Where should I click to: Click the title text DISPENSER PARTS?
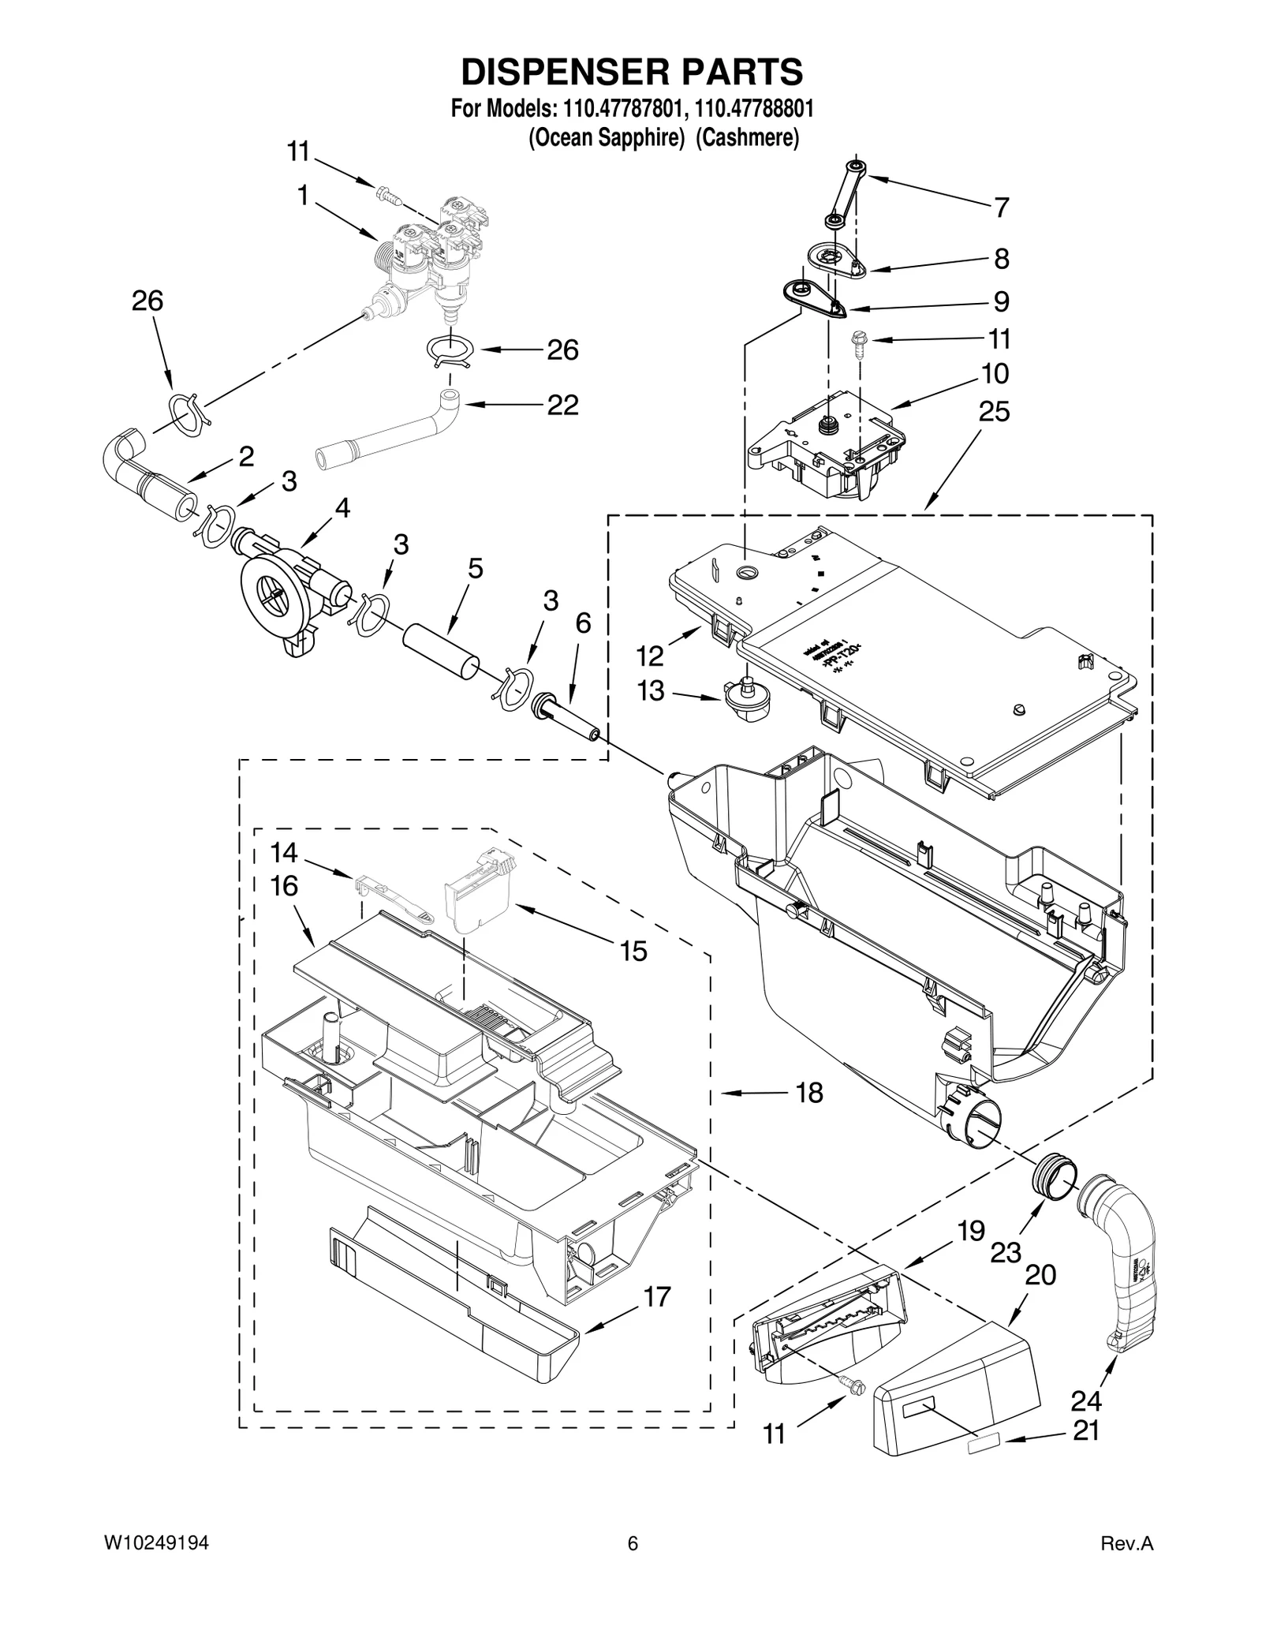pos(632,72)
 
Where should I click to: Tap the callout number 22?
pos(563,405)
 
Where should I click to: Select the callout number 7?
pos(1001,208)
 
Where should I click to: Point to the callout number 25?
pos(994,411)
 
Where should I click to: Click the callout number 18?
pos(809,1093)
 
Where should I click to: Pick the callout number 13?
pos(651,691)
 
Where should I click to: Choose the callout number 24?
pos(1085,1400)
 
